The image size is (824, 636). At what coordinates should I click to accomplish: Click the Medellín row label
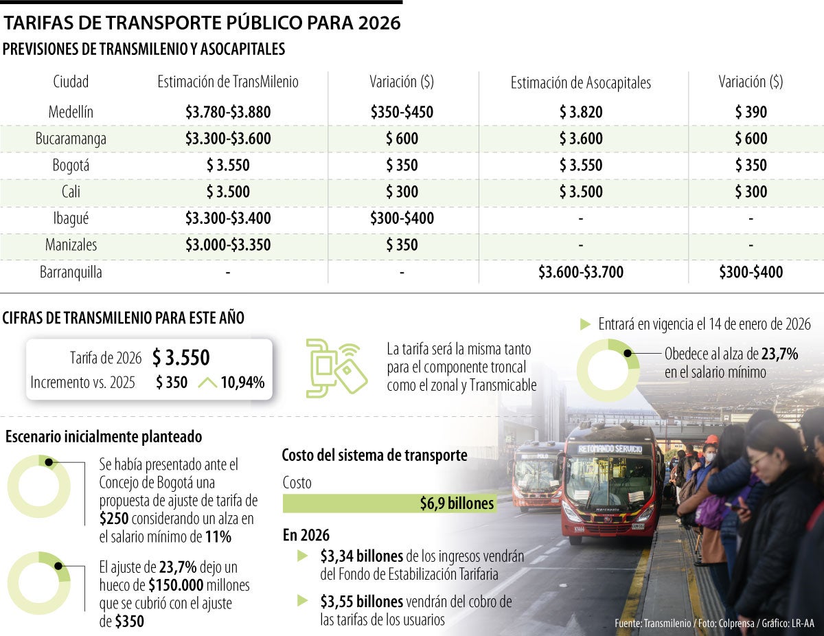click(x=71, y=112)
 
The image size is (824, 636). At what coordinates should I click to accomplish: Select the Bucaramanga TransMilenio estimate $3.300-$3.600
click(x=228, y=139)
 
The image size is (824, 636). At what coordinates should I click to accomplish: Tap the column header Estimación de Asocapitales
click(x=580, y=83)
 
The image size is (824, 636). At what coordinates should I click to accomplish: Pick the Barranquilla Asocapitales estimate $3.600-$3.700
click(x=580, y=273)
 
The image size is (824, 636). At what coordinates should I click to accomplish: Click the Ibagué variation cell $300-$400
click(x=402, y=219)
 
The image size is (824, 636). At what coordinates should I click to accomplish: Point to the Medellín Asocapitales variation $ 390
click(x=751, y=112)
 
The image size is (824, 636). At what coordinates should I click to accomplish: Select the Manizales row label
click(x=71, y=245)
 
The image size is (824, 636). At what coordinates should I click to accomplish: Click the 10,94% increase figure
click(x=242, y=383)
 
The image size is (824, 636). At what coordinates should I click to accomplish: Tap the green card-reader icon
click(x=336, y=367)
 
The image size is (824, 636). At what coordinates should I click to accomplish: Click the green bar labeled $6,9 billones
click(x=389, y=503)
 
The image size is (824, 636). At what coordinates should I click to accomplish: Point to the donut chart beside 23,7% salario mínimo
click(x=608, y=370)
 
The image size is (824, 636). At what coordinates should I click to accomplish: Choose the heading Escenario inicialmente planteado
click(x=104, y=436)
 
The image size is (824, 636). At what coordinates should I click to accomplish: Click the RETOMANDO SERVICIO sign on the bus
click(x=610, y=449)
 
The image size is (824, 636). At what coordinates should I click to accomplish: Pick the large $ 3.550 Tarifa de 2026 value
click(x=181, y=358)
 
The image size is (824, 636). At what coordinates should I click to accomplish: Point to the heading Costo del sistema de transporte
click(x=374, y=455)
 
